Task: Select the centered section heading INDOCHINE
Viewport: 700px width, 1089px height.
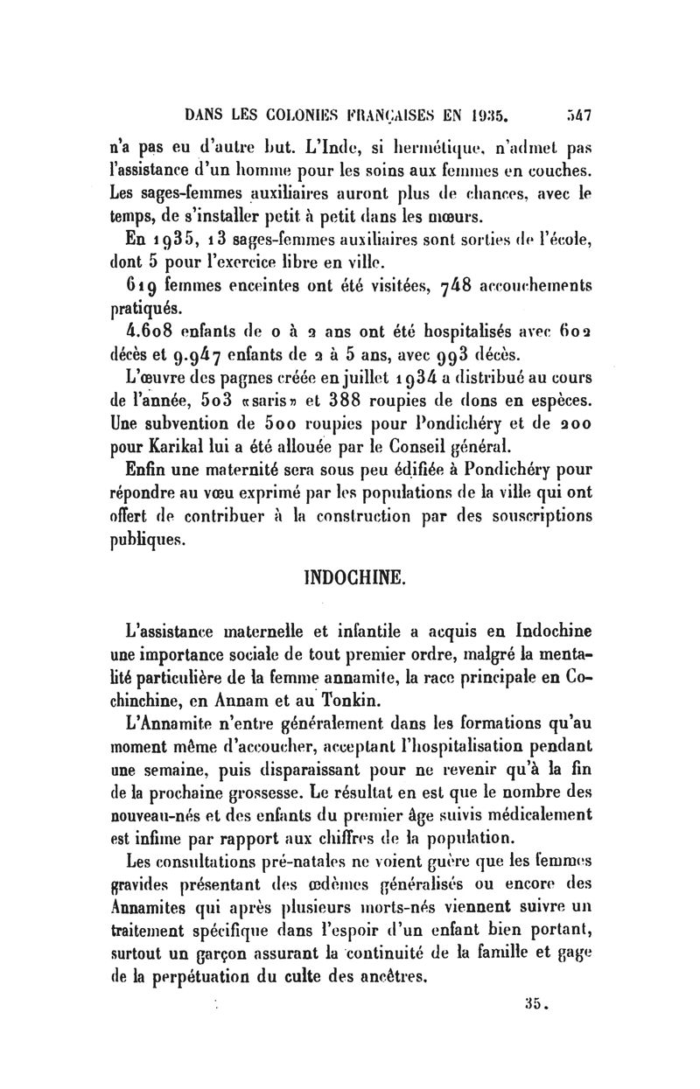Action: coord(352,578)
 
